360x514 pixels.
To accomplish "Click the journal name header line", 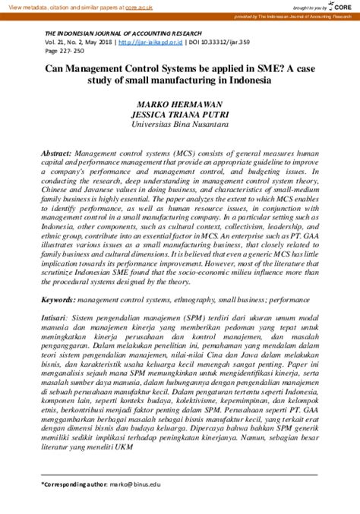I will click(x=123, y=33).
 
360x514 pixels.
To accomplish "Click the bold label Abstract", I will click(x=56, y=152).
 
